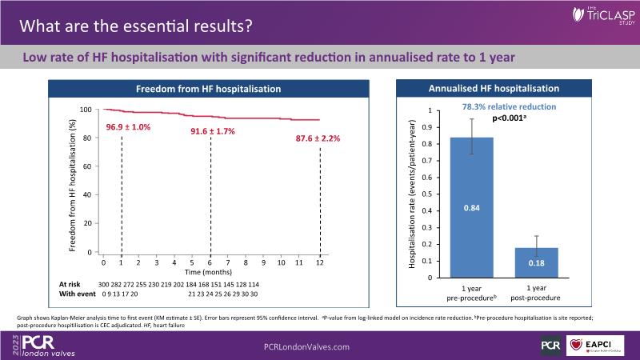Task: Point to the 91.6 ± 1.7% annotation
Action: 212,130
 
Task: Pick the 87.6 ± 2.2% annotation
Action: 318,138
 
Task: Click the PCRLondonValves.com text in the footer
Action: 306,346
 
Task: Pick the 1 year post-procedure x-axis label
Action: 537,292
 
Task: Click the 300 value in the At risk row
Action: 104,285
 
